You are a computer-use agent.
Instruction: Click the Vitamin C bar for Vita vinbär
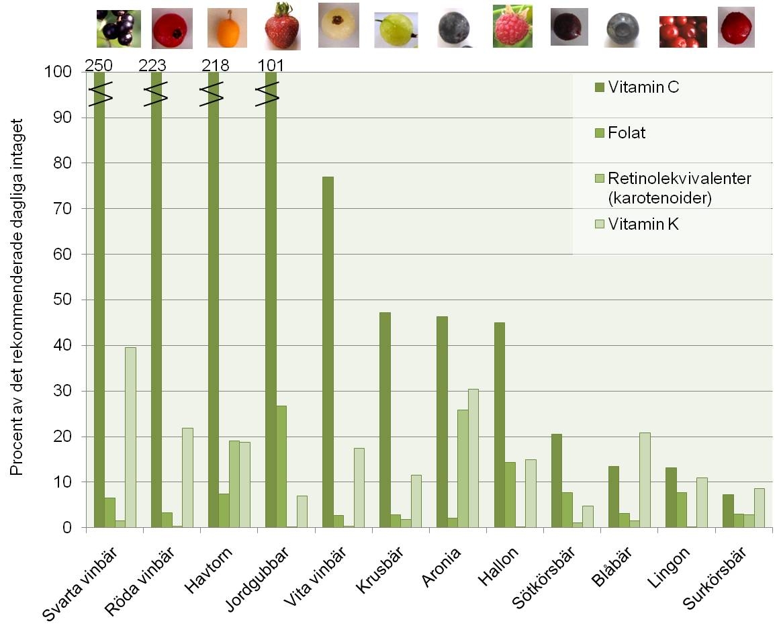pos(328,353)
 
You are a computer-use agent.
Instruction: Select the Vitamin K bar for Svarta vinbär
pos(130,437)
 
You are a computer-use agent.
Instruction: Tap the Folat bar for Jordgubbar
pos(281,467)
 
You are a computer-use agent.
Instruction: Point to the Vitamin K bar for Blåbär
pos(645,480)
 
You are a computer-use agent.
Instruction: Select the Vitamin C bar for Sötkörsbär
pos(556,481)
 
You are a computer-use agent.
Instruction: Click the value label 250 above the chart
pos(98,66)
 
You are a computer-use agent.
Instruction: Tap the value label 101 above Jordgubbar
pos(271,66)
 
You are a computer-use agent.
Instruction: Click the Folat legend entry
pos(626,133)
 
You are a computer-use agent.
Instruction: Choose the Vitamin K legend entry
pos(643,224)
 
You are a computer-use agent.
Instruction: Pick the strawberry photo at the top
pos(282,27)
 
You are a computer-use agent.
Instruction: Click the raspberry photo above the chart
pos(512,27)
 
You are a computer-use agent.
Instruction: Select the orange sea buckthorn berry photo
pos(226,27)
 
